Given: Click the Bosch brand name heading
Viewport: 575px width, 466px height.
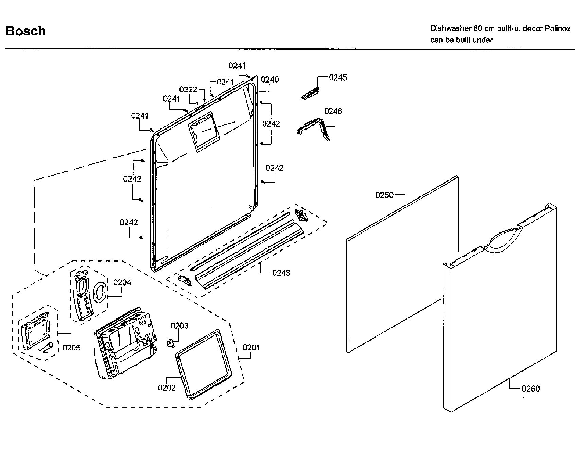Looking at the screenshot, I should pyautogui.click(x=26, y=31).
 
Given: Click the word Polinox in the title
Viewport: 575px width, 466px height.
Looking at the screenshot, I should pyautogui.click(x=558, y=29).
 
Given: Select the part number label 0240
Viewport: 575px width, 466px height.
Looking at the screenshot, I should pyautogui.click(x=269, y=80).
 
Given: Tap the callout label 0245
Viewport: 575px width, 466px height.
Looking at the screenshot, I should pyautogui.click(x=338, y=77).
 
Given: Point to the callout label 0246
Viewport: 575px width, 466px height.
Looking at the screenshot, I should pyautogui.click(x=333, y=111).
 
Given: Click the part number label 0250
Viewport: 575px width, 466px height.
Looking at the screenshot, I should pyautogui.click(x=384, y=195).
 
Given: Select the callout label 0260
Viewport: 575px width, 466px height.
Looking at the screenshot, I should pyautogui.click(x=530, y=389).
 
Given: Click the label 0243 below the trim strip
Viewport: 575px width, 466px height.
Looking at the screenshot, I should pyautogui.click(x=281, y=273).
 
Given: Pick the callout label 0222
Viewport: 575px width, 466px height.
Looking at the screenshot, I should pyautogui.click(x=188, y=89).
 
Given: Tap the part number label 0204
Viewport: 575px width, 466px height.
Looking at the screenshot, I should pyautogui.click(x=122, y=282).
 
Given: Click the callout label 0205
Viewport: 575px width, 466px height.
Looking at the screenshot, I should pyautogui.click(x=71, y=347).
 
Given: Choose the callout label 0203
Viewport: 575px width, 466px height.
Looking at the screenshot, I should pyautogui.click(x=179, y=326).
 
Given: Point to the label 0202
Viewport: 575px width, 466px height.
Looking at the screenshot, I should pyautogui.click(x=167, y=388).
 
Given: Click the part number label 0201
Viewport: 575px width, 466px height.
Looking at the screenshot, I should pyautogui.click(x=251, y=347).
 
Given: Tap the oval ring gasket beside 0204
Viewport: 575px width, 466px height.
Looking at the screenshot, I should pyautogui.click(x=100, y=292).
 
